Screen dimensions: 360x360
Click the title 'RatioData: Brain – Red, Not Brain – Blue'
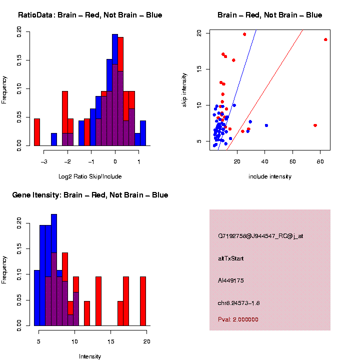click(90, 15)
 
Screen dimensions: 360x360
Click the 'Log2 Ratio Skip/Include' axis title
click(90, 176)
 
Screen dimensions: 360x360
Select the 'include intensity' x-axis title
click(270, 176)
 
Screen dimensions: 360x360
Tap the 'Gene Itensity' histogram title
click(90, 195)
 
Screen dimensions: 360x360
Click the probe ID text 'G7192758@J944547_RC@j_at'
click(260, 236)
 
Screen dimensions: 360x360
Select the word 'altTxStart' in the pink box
click(231, 258)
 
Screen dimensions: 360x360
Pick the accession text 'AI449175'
click(231, 280)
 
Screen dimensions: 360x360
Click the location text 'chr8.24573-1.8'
click(239, 303)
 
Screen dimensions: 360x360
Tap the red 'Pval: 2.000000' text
click(238, 319)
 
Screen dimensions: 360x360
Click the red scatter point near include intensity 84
click(325, 39)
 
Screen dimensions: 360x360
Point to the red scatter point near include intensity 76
click(315, 125)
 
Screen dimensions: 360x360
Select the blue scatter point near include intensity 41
click(266, 125)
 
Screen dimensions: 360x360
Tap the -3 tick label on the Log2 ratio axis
click(44, 161)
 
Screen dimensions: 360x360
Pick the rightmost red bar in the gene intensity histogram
click(143, 301)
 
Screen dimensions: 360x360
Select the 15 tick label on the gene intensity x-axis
click(111, 341)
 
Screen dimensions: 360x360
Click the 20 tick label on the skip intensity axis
click(199, 33)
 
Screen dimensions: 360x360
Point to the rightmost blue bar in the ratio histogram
click(143, 133)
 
